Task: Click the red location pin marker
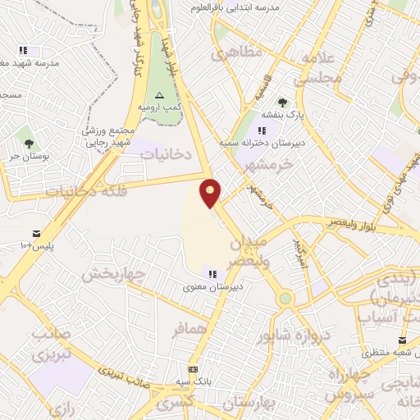pyautogui.click(x=211, y=193)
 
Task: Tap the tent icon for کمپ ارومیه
pyautogui.click(x=159, y=95)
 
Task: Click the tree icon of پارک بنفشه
pyautogui.click(x=282, y=103)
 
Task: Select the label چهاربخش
pyautogui.click(x=116, y=272)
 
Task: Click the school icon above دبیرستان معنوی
pyautogui.click(x=212, y=274)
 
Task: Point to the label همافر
pyautogui.click(x=191, y=330)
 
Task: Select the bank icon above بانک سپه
pyautogui.click(x=194, y=370)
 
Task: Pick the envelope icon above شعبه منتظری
pyautogui.click(x=401, y=340)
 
